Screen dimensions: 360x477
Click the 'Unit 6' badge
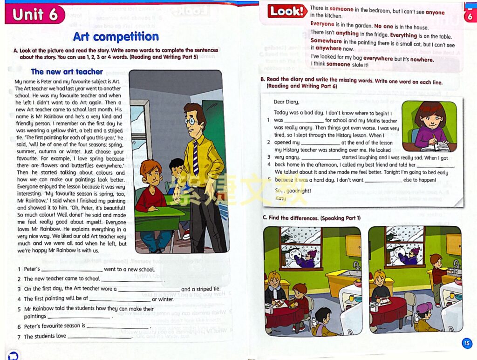click(x=35, y=14)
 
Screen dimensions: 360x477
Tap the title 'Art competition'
click(x=116, y=37)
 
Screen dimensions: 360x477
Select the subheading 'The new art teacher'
click(x=67, y=72)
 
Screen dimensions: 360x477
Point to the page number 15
click(x=467, y=344)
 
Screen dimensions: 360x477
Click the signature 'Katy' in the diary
click(x=280, y=198)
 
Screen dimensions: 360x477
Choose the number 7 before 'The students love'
click(x=19, y=336)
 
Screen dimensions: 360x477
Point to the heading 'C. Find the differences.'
click(x=311, y=218)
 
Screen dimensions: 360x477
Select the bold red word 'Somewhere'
click(x=326, y=41)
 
